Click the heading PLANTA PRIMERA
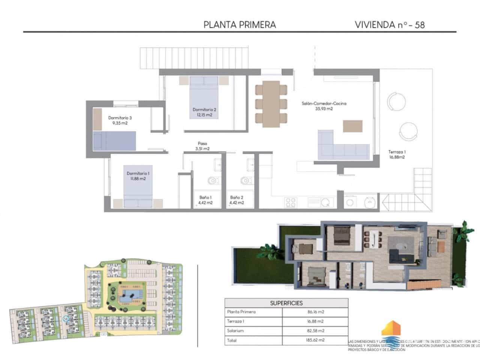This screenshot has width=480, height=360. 240,25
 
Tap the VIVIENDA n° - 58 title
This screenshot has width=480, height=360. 390,25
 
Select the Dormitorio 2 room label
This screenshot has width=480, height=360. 204,112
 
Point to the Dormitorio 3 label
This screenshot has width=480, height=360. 120,120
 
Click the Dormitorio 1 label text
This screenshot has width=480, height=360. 138,176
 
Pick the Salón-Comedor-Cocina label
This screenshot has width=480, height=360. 324,106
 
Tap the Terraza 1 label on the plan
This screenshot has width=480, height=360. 397,154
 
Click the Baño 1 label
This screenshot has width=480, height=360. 205,200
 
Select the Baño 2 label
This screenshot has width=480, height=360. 237,200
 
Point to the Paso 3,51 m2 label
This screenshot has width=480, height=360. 202,146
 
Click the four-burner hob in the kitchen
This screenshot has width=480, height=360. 291,202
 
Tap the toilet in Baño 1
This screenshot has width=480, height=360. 213,181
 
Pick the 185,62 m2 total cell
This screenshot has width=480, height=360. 315,340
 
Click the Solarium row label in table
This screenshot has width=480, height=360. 235,331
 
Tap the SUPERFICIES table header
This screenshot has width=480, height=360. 286,303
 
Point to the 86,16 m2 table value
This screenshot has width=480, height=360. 315,312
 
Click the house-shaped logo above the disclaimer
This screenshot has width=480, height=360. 391,329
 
